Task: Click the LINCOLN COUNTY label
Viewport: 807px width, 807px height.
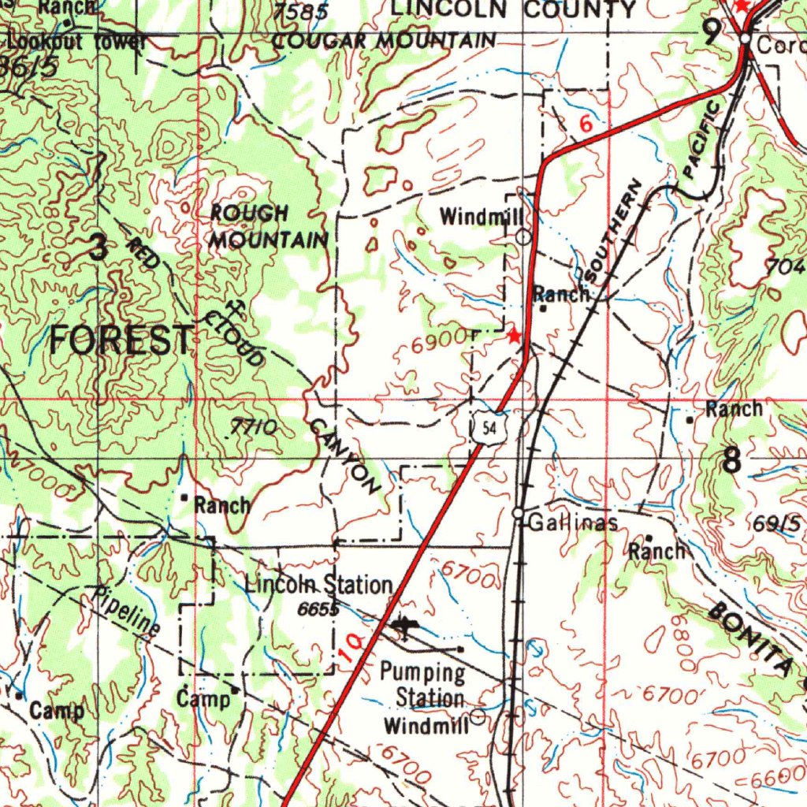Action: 513,9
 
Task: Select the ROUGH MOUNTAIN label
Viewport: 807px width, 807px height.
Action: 267,226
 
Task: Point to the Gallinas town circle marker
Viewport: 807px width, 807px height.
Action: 519,514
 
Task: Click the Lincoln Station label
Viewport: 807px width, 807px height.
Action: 318,585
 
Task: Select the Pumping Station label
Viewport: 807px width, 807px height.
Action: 424,686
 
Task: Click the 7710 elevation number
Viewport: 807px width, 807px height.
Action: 253,428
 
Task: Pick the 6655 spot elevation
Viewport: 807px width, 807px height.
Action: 318,609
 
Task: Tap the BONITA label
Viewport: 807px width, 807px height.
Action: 749,637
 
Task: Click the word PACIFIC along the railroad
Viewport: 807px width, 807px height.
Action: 701,139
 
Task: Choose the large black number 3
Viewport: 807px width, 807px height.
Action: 97,249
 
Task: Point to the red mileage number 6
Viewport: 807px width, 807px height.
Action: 585,125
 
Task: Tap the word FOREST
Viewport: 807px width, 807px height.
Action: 121,340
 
